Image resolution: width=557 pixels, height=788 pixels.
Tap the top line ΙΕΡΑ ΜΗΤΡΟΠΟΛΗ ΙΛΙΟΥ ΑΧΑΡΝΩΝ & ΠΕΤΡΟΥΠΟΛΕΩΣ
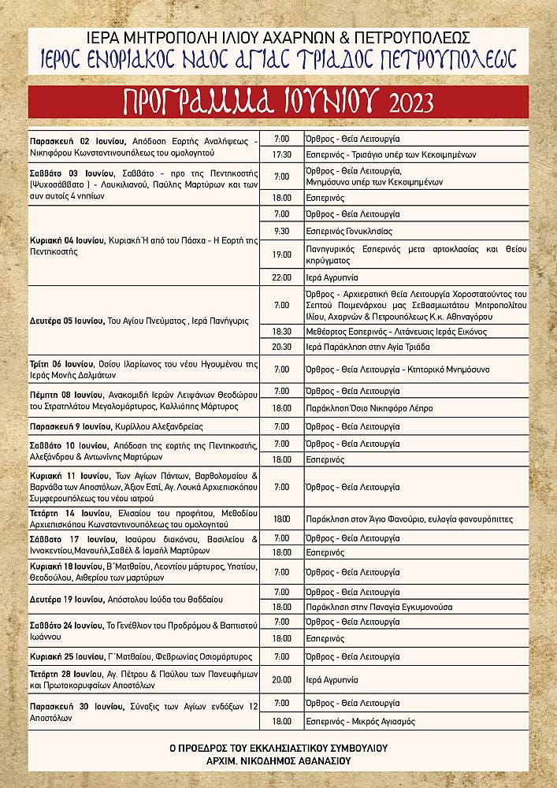278,37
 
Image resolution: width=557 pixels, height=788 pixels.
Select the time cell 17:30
282,154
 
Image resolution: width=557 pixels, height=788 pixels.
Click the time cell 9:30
282,232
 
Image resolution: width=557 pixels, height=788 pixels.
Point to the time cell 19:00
282,255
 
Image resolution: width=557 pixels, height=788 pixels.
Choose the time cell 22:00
282,277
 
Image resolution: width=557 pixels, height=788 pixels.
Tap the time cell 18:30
282,332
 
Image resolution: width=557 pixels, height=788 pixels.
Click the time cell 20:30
282,347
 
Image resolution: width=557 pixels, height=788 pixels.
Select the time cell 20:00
282,678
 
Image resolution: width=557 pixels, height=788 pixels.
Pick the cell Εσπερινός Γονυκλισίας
347,232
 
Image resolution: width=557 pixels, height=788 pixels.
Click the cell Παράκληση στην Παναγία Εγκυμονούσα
367,607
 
